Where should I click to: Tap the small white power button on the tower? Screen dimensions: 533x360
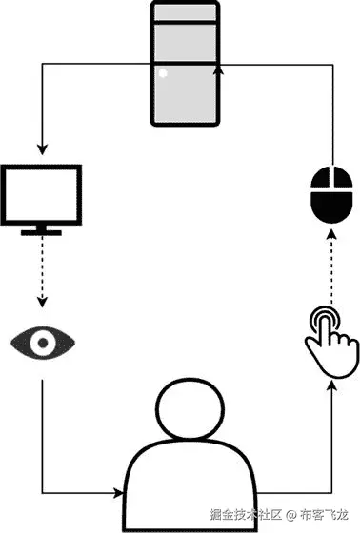pyautogui.click(x=163, y=73)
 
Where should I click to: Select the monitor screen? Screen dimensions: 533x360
pyautogui.click(x=42, y=195)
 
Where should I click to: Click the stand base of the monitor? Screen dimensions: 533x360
pyautogui.click(x=42, y=231)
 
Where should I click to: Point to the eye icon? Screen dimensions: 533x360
pyautogui.click(x=42, y=340)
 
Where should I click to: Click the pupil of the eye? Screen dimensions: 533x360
pyautogui.click(x=42, y=340)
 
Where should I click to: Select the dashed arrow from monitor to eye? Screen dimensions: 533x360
pyautogui.click(x=42, y=271)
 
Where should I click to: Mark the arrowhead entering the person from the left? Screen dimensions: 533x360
pyautogui.click(x=118, y=492)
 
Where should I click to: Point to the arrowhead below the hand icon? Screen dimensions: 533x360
pyautogui.click(x=330, y=385)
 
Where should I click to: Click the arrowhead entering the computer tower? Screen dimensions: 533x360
pyautogui.click(x=221, y=69)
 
